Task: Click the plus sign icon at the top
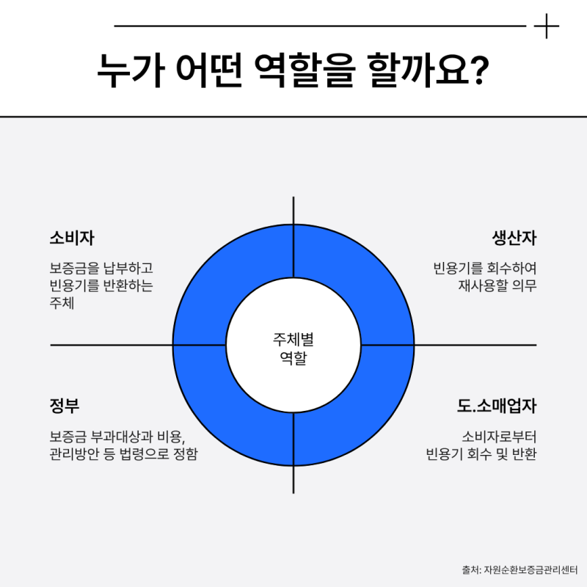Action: [546, 26]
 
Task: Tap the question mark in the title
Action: [478, 70]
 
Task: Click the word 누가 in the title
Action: [131, 70]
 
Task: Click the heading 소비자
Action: [72, 238]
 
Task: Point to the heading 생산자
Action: [514, 238]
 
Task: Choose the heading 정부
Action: [65, 406]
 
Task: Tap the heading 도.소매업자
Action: [497, 406]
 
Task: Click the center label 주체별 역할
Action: [293, 349]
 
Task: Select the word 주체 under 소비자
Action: [62, 303]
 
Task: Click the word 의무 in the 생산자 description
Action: [524, 285]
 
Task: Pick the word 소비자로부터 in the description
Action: [499, 437]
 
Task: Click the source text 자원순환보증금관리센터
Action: [531, 570]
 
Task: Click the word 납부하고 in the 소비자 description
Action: [128, 268]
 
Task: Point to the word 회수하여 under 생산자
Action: [511, 268]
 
